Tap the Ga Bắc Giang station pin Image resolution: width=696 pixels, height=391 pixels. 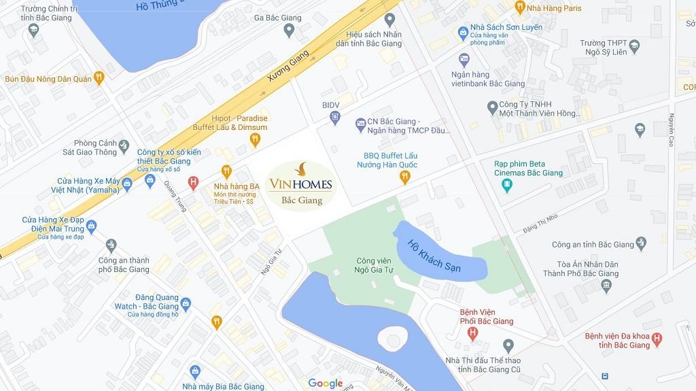point(289,30)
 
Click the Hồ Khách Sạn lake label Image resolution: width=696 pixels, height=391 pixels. point(434,256)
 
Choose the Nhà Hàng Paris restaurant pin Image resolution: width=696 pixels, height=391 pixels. point(520,7)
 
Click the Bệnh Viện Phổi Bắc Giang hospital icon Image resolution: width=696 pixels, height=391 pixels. point(472,333)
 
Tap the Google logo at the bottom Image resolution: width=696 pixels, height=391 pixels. point(326,384)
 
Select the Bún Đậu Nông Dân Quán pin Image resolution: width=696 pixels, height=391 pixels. point(99,78)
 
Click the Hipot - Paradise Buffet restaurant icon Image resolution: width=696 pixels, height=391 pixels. point(255,140)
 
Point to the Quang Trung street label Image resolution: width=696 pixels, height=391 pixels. point(175,195)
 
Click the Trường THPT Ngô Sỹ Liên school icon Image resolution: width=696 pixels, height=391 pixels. point(634,46)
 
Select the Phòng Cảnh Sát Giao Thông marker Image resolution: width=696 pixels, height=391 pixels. point(123,146)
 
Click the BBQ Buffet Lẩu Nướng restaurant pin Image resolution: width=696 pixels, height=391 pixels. point(405,177)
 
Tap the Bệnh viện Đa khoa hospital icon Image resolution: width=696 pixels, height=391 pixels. point(657,339)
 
